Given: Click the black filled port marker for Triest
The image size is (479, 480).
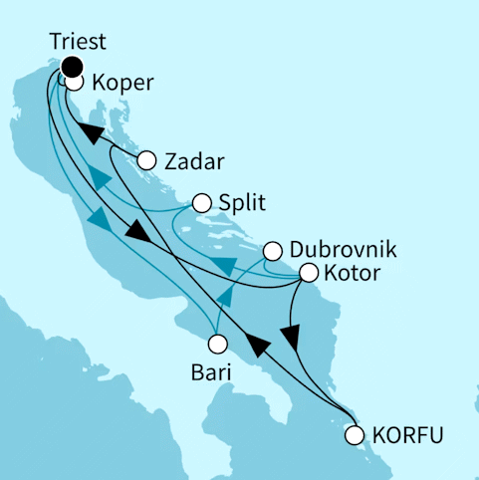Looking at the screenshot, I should (x=71, y=67).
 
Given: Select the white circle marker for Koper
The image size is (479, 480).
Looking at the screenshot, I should (x=74, y=84).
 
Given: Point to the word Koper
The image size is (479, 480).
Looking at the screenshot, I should (x=121, y=85).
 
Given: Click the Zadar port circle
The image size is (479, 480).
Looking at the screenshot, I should (x=147, y=159).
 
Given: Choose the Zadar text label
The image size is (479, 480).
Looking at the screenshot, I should (x=195, y=160).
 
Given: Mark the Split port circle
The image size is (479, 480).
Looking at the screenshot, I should (x=202, y=203).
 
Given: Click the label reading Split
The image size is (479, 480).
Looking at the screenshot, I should (x=243, y=204).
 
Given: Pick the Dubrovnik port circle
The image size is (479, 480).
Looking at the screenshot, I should (x=273, y=250).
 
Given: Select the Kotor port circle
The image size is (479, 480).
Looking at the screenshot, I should (x=309, y=272).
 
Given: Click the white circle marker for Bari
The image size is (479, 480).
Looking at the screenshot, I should (x=217, y=345).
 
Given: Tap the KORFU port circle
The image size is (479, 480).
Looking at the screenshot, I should (x=355, y=434).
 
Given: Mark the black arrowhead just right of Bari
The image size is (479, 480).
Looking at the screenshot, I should (x=258, y=346).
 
